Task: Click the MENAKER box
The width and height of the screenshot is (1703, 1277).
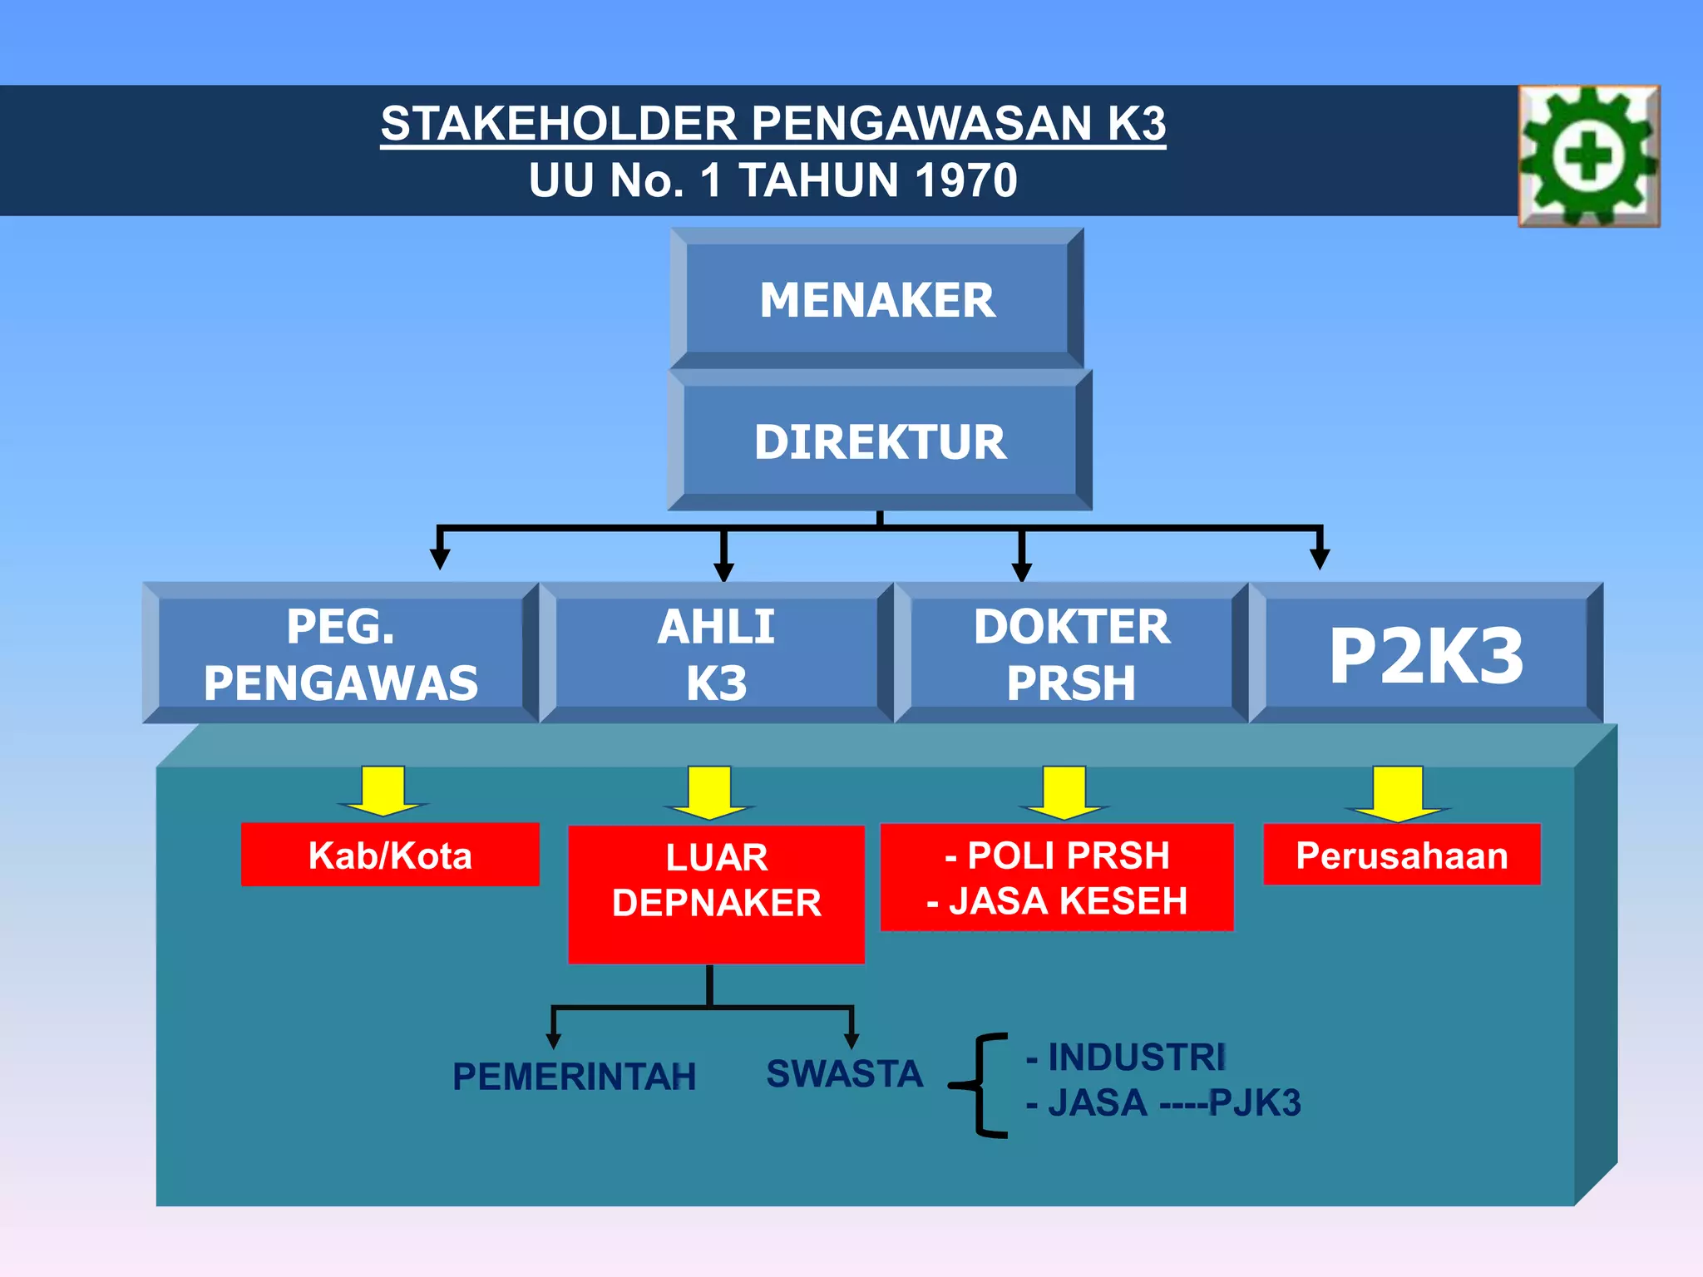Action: tap(877, 299)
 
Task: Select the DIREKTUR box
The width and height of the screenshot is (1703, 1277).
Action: tap(880, 441)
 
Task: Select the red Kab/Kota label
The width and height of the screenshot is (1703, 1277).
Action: tap(390, 855)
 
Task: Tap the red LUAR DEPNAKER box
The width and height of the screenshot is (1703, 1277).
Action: tap(717, 894)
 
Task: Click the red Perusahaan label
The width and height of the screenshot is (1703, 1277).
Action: tap(1402, 855)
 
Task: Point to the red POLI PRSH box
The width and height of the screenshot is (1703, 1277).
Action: tap(1057, 877)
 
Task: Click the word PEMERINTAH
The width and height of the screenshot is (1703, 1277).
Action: tap(574, 1077)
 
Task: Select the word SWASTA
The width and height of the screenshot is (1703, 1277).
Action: tap(844, 1073)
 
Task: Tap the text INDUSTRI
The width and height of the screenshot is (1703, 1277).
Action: tap(1137, 1058)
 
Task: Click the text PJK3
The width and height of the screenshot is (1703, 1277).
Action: tap(1255, 1103)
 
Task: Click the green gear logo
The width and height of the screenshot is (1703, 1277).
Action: tap(1589, 155)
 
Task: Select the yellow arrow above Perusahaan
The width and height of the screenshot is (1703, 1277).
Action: tap(1398, 792)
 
